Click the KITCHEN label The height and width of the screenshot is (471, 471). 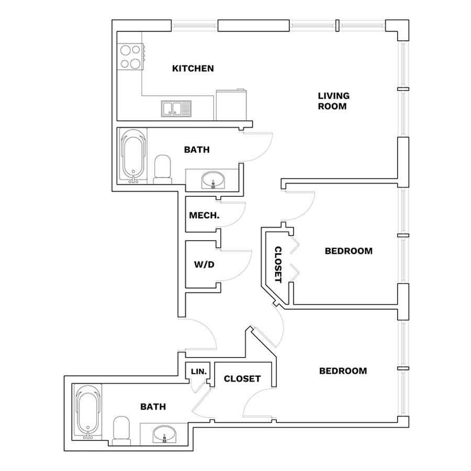click(x=193, y=69)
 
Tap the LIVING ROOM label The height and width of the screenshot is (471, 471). click(x=333, y=101)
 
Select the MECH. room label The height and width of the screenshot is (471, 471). click(x=204, y=215)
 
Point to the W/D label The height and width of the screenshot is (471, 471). click(x=204, y=264)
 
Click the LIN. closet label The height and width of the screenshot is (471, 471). click(x=199, y=372)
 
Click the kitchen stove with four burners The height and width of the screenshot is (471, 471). click(x=131, y=57)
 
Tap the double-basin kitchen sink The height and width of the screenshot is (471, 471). click(x=176, y=108)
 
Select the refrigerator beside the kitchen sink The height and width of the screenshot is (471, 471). click(x=231, y=105)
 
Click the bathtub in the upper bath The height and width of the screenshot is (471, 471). click(x=133, y=155)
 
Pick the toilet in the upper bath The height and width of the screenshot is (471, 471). click(x=162, y=170)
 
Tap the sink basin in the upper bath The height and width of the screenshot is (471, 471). click(x=213, y=180)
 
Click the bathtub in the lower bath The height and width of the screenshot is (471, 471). click(x=88, y=412)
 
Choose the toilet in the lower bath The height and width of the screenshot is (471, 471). click(x=121, y=431)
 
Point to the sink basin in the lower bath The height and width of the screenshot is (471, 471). click(x=164, y=433)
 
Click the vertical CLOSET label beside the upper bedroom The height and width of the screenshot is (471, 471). click(x=278, y=265)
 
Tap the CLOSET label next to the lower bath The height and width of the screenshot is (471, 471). click(x=242, y=378)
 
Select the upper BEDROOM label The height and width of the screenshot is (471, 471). click(x=349, y=251)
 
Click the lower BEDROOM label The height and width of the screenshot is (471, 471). click(x=343, y=371)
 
